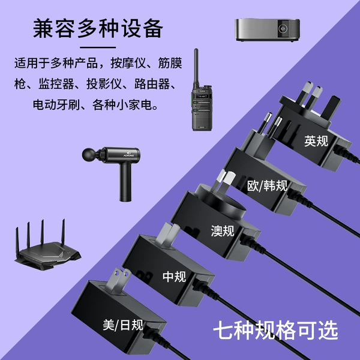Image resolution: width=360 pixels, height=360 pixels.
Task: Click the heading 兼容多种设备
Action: [98, 28]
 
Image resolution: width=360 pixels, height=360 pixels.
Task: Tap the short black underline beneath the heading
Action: [98, 47]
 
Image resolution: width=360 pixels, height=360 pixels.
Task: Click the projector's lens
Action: [283, 28]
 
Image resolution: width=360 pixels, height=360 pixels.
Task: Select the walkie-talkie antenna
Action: [196, 67]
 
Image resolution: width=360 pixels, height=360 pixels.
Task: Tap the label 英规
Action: [316, 141]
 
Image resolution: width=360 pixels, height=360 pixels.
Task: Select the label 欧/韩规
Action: [267, 185]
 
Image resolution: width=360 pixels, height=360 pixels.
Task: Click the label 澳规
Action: [223, 231]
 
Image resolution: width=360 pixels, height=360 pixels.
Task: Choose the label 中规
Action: [174, 277]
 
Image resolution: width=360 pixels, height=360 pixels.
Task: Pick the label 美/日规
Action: [123, 325]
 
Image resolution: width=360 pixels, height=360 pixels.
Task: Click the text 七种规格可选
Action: [275, 330]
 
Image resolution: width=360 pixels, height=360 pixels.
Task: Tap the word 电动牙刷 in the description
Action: [56, 104]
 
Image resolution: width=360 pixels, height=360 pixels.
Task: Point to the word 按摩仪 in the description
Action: [128, 63]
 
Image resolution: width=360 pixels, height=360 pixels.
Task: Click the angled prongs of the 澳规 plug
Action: [224, 181]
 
